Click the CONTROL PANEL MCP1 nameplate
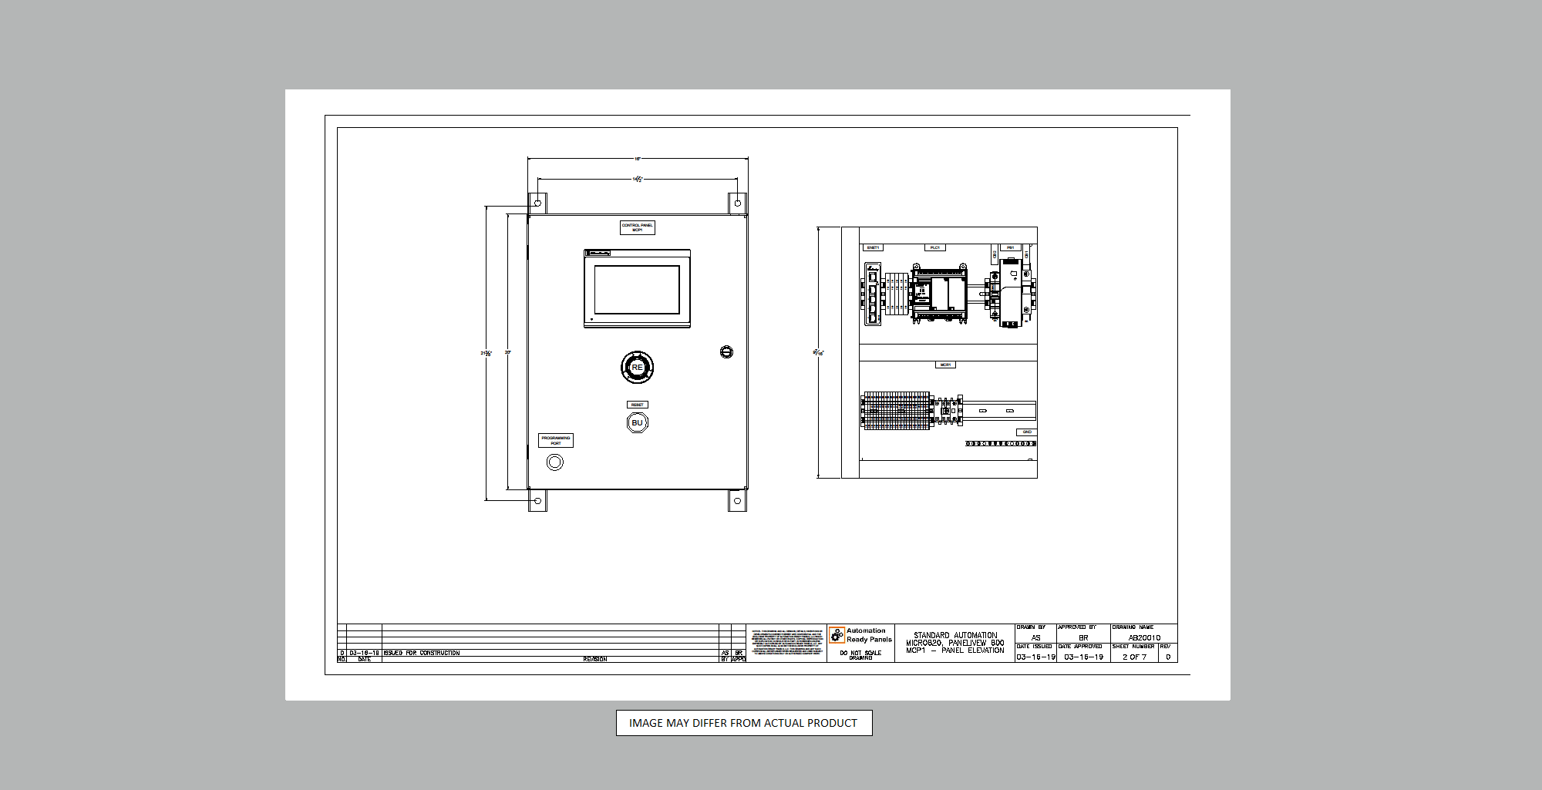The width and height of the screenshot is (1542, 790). click(x=638, y=227)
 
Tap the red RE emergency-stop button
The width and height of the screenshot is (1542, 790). click(x=638, y=368)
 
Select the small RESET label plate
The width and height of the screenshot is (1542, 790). click(x=638, y=405)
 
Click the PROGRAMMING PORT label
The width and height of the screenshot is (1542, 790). click(x=556, y=440)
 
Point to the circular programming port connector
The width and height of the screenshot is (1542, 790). click(x=554, y=462)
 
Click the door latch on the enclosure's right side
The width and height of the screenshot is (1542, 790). click(x=726, y=352)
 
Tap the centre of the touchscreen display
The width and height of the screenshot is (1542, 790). click(x=637, y=290)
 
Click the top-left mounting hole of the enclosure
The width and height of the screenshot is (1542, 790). click(x=537, y=203)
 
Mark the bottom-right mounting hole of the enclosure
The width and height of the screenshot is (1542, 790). click(x=737, y=501)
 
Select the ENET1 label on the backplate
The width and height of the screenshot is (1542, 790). click(x=873, y=247)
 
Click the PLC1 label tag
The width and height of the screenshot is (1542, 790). click(x=935, y=247)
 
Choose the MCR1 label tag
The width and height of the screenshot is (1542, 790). click(x=945, y=365)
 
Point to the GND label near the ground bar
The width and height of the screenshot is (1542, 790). click(x=1026, y=432)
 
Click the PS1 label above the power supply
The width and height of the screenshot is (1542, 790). click(x=1010, y=247)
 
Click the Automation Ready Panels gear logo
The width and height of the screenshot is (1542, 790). click(x=837, y=635)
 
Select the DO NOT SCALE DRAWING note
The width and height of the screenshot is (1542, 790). click(x=860, y=655)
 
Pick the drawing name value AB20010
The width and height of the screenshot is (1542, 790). click(x=1144, y=637)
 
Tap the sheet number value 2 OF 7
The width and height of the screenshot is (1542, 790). click(x=1134, y=657)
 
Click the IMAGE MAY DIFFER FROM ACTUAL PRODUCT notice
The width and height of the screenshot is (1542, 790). click(x=744, y=723)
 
